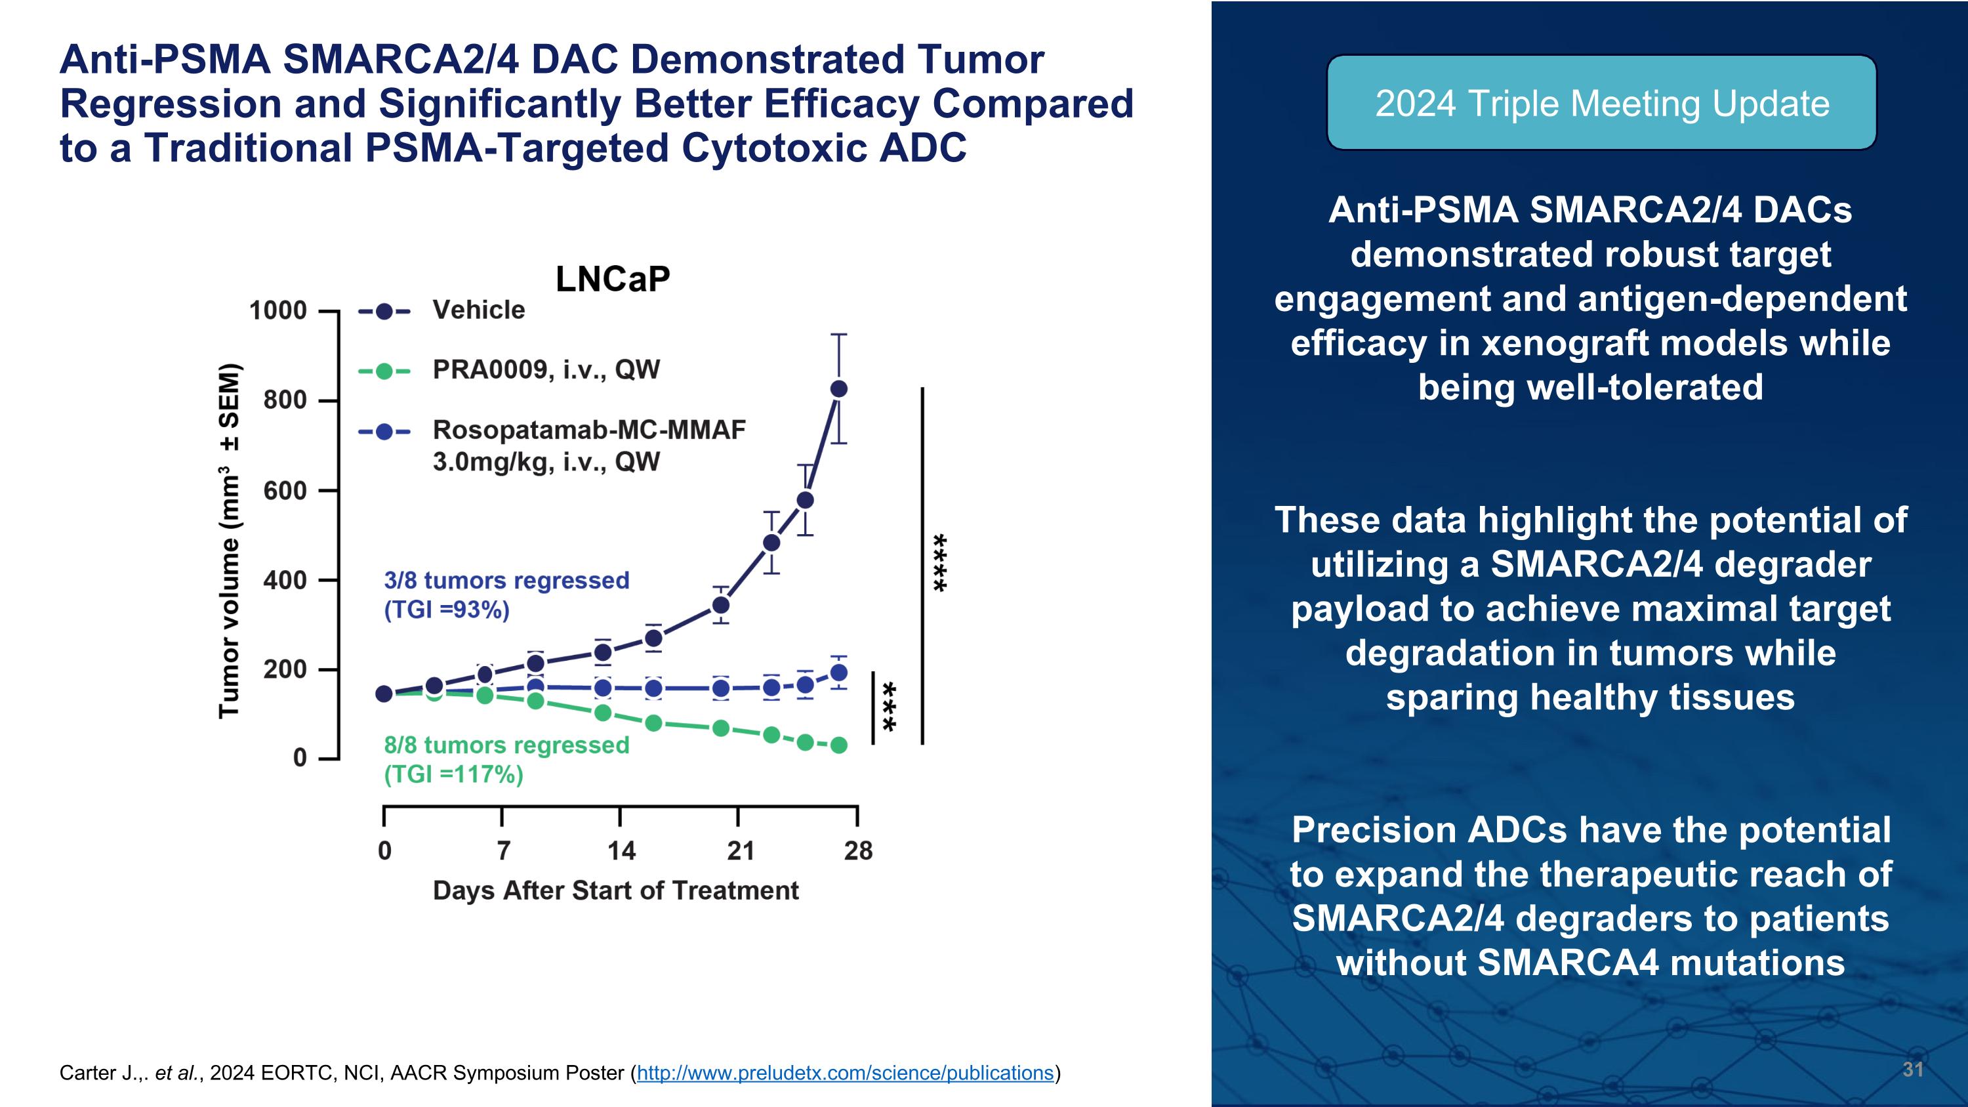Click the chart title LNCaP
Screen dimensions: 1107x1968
point(613,280)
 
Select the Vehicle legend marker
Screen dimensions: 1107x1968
point(384,311)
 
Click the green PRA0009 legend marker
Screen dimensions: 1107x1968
point(384,371)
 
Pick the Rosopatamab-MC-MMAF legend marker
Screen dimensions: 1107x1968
point(384,432)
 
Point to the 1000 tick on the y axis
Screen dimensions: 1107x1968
point(278,311)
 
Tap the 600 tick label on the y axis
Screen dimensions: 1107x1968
point(285,490)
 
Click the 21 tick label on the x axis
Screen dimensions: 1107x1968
point(739,850)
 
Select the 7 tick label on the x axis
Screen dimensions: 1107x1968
point(502,850)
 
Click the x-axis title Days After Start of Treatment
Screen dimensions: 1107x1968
point(616,891)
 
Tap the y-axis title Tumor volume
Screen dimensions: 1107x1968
point(229,541)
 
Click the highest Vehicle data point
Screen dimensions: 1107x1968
point(838,389)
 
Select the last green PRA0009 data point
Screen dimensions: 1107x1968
point(838,745)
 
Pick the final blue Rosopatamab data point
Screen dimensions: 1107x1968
point(838,673)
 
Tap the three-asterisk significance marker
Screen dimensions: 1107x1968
point(890,706)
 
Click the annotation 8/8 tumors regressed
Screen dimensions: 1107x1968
point(506,745)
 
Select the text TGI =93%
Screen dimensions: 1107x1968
point(447,610)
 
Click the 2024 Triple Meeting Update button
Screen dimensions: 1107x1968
point(1601,103)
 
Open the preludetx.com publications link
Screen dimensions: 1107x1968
point(845,1073)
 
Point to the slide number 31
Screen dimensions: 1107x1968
point(1912,1069)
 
